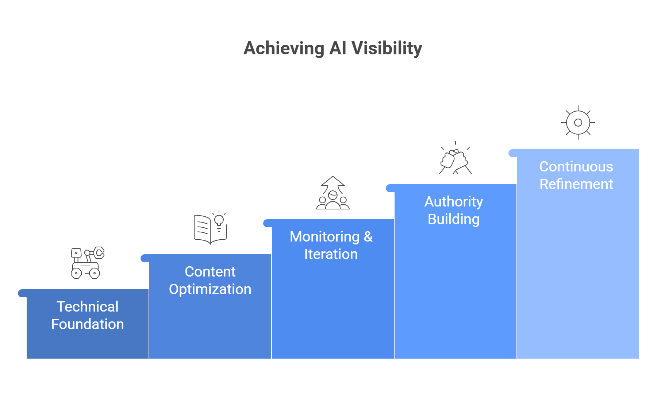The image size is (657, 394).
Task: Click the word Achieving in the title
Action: [284, 49]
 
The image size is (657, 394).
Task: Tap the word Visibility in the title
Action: [387, 49]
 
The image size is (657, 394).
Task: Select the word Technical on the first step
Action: [87, 307]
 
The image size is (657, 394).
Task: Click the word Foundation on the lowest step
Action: [87, 324]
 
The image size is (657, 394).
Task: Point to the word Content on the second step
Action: [210, 272]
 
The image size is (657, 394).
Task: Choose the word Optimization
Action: [210, 289]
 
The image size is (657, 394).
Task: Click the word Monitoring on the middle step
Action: [324, 237]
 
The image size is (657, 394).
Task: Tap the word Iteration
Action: [331, 254]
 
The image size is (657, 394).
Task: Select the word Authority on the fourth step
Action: [453, 202]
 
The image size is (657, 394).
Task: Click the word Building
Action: [453, 219]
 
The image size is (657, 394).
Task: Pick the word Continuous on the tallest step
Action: [576, 167]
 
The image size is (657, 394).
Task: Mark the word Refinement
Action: [576, 184]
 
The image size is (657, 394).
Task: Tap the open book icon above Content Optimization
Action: [204, 229]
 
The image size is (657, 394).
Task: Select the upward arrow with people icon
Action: [333, 193]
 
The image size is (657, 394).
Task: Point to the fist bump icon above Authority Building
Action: [455, 160]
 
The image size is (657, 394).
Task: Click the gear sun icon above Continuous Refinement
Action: [578, 123]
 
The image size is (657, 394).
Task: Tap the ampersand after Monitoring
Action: [368, 237]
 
